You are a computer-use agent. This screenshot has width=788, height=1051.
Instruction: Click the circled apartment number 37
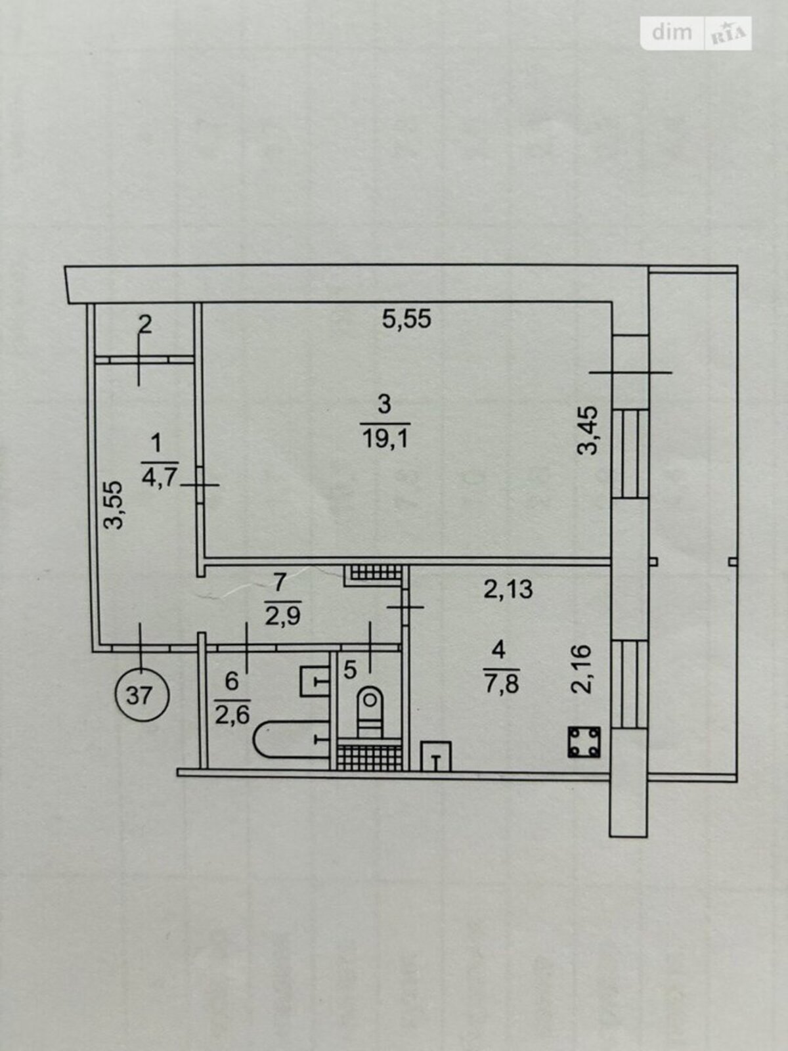(142, 695)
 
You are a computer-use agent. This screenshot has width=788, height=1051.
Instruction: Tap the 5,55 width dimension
(406, 319)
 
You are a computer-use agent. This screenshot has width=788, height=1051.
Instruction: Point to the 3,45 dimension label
(588, 430)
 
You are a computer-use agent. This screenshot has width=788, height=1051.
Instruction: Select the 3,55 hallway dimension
(114, 504)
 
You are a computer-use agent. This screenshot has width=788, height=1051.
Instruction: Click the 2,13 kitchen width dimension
(508, 589)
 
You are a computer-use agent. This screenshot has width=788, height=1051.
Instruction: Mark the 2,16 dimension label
(582, 669)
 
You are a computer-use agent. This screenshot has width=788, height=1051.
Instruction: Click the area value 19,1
(385, 437)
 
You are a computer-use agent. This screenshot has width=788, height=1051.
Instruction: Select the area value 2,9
(282, 617)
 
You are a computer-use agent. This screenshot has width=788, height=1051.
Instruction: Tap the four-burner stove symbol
(584, 742)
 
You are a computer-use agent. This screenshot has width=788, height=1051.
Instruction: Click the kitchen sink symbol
(436, 757)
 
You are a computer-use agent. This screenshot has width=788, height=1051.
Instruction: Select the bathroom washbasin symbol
(315, 682)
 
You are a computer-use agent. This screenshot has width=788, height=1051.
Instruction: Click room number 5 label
(350, 671)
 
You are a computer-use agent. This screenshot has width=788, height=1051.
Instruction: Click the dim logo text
(672, 33)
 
